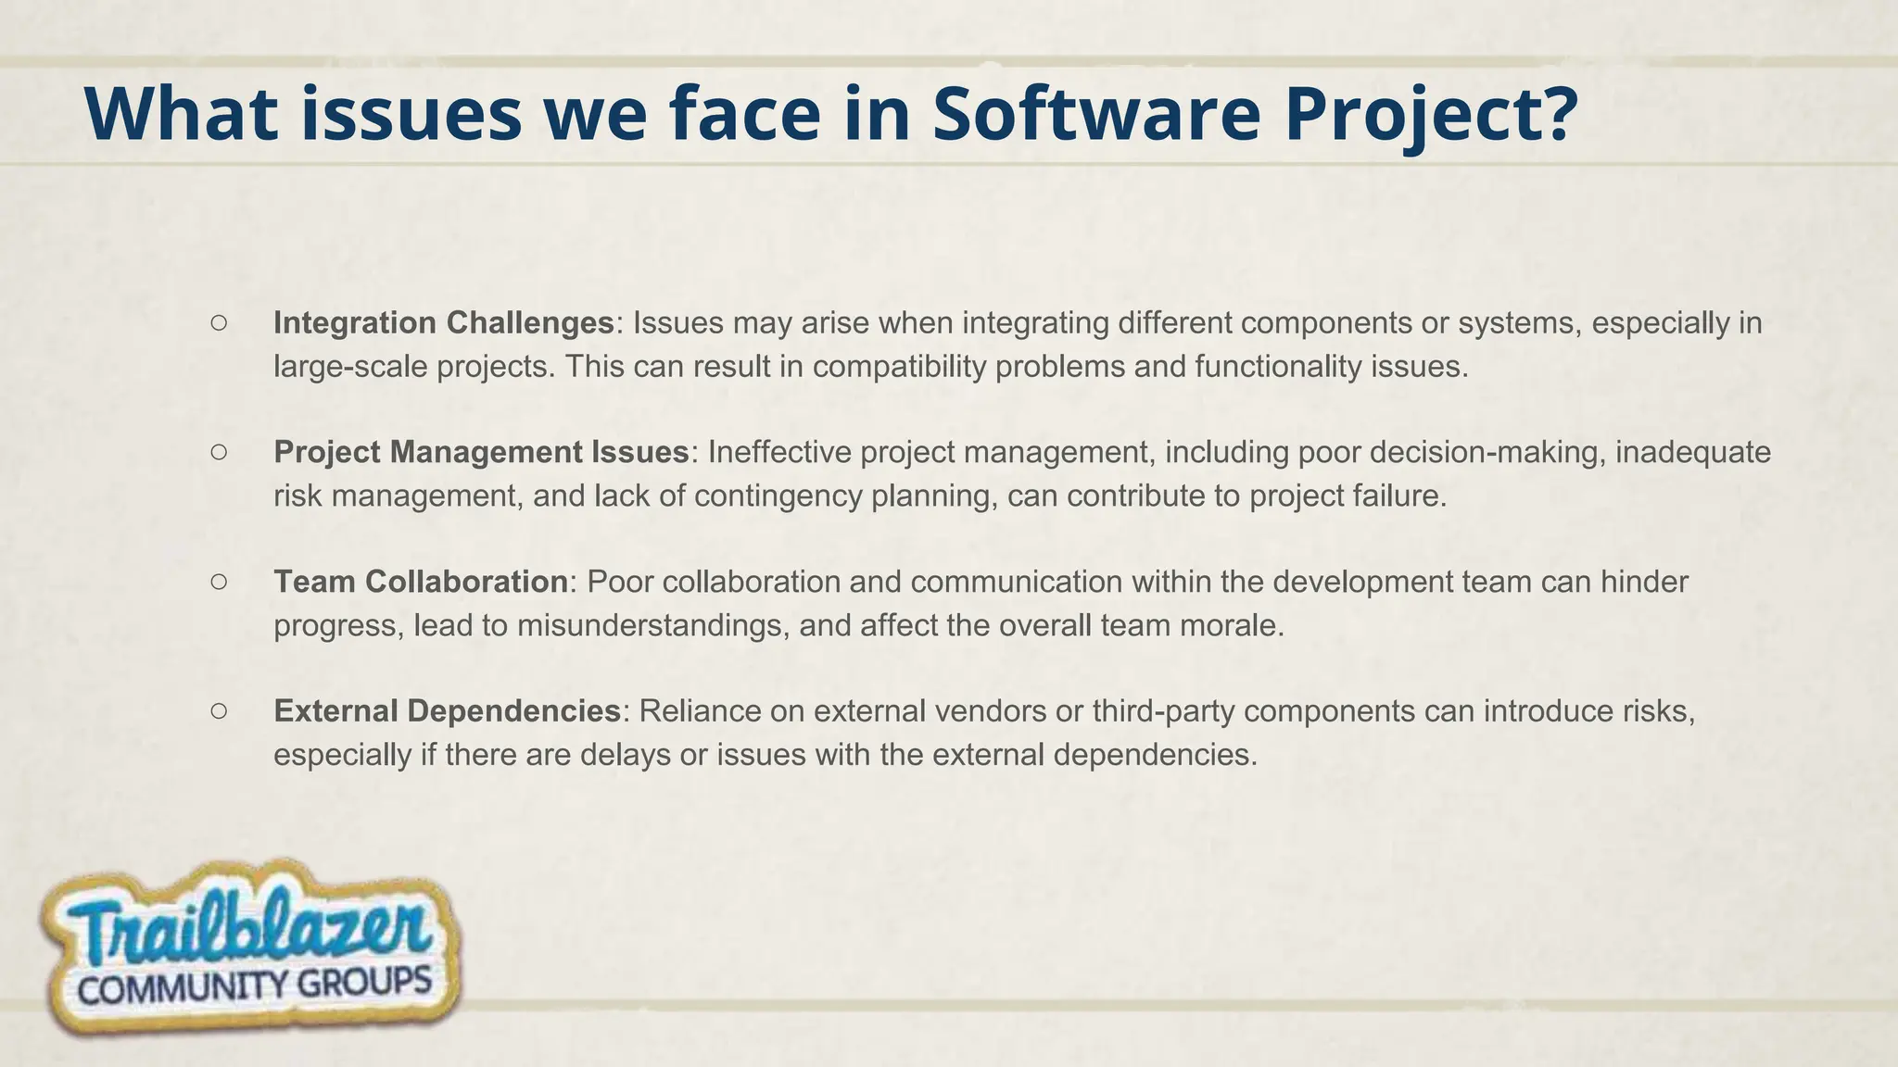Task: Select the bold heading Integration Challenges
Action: tap(443, 323)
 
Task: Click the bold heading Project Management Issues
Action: tap(481, 452)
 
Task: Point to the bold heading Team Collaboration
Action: tap(420, 582)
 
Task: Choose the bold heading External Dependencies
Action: tap(446, 711)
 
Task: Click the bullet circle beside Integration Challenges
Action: tap(219, 323)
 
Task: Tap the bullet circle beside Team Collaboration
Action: tap(219, 582)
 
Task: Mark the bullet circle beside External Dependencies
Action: tap(219, 711)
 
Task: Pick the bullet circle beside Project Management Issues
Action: tap(219, 452)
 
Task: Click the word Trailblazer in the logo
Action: tap(248, 927)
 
